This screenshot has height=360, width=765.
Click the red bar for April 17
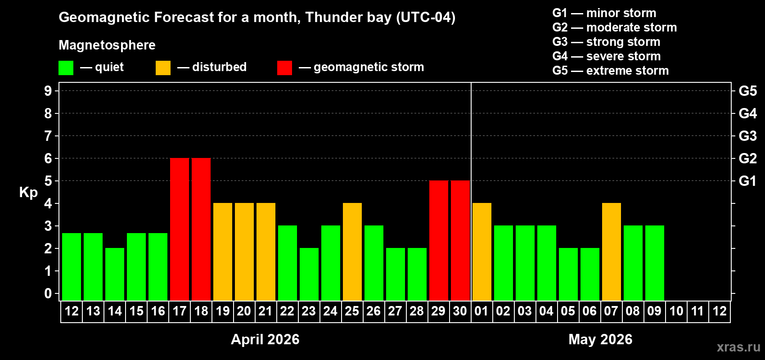180,229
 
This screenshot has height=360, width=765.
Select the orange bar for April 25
352,252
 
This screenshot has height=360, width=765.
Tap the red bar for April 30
460,240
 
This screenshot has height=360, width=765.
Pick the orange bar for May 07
612,252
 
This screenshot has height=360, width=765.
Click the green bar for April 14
115,274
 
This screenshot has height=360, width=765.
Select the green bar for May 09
655,263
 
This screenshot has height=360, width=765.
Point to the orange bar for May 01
482,252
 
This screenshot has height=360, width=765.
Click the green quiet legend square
66,68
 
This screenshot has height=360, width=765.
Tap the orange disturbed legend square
163,68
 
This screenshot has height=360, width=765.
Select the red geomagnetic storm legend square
284,68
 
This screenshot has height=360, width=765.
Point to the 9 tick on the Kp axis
48,91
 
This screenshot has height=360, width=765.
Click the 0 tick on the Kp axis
48,293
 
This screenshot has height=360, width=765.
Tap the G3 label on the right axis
747,136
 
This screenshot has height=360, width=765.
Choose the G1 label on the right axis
747,181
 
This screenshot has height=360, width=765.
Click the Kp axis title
28,193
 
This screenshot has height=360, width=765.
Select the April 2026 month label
265,339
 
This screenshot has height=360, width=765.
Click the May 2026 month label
600,339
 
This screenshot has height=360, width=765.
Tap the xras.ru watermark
738,347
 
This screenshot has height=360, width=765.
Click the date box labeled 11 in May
697,311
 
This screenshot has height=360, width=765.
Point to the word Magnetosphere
107,45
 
